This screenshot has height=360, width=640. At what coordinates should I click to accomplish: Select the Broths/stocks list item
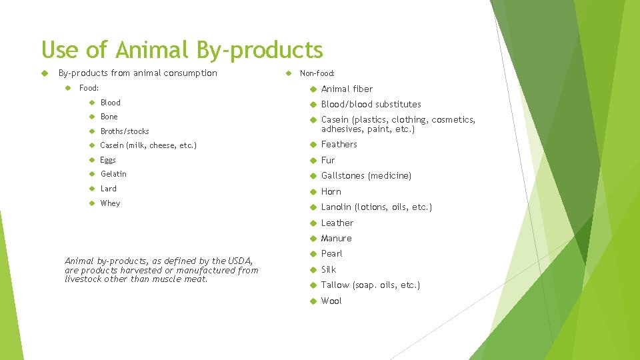click(x=125, y=131)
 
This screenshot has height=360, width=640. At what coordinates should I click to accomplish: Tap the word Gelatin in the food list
click(x=113, y=174)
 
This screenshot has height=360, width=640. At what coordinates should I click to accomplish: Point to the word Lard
click(x=108, y=189)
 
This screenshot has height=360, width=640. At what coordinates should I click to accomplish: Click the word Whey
click(x=110, y=203)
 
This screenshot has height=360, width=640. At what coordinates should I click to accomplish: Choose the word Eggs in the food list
click(x=108, y=160)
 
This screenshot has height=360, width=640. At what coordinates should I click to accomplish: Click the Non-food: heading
click(x=317, y=73)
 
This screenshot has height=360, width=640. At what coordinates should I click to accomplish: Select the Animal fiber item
click(x=347, y=89)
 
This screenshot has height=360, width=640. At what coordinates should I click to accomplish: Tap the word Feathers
click(x=339, y=144)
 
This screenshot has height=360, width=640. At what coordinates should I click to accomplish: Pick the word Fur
click(x=328, y=160)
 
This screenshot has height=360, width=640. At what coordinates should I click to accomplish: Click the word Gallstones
click(x=343, y=176)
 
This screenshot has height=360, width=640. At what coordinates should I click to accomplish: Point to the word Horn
click(x=331, y=191)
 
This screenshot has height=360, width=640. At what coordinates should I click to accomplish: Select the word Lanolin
click(x=337, y=207)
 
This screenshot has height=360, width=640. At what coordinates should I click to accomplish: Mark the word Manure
click(x=336, y=239)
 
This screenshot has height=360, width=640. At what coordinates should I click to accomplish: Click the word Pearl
click(x=331, y=254)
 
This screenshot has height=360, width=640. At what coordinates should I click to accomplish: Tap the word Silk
click(x=329, y=269)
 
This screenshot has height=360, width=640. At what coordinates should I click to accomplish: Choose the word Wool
click(x=331, y=301)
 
